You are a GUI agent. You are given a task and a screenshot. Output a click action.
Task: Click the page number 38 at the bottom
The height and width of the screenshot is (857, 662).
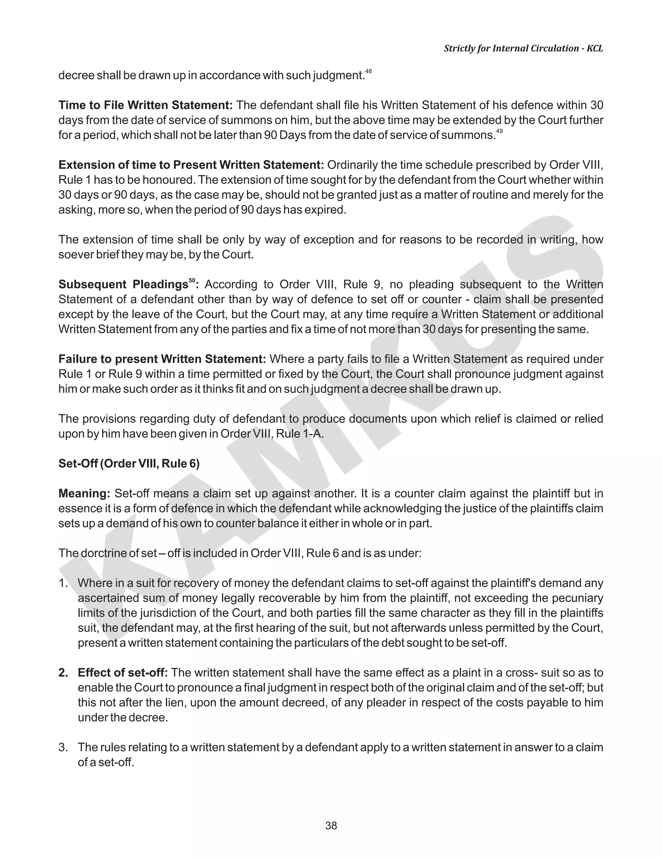[331, 826]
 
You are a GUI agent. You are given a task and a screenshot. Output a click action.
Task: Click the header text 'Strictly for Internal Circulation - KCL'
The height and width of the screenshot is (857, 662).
[523, 48]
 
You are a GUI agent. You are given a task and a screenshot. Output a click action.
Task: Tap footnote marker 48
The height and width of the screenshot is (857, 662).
[368, 71]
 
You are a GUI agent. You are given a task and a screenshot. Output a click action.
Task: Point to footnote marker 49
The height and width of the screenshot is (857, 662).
[499, 131]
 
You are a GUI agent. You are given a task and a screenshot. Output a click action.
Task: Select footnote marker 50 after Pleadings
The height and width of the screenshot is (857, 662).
[192, 280]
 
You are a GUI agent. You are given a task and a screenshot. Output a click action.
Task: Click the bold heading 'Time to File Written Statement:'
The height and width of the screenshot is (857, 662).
[145, 105]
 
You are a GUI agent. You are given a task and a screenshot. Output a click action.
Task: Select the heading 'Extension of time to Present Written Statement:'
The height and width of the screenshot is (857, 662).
[191, 165]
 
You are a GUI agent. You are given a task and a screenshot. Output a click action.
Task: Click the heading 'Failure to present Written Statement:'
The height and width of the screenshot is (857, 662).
[162, 359]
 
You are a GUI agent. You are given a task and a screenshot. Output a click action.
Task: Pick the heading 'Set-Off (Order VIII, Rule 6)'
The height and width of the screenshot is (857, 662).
[129, 463]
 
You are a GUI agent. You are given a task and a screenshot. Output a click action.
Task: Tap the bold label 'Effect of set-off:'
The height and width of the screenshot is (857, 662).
[123, 673]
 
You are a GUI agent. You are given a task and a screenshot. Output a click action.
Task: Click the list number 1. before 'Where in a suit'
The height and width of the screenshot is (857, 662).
[64, 583]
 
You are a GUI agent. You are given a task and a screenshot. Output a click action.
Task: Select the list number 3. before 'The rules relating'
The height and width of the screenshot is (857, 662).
[64, 747]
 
